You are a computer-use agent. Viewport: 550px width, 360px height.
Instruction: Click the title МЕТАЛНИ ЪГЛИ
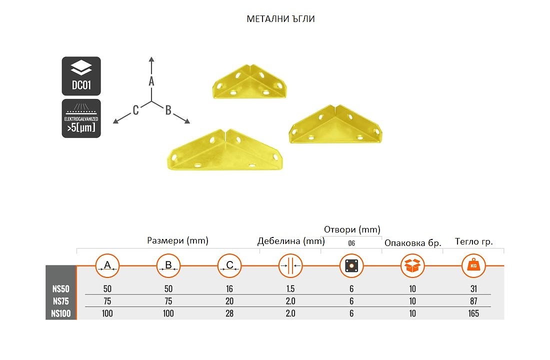[280, 19]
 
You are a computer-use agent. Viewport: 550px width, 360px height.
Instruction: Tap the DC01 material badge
[81, 76]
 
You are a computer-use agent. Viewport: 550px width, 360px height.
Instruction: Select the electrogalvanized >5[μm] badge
[81, 118]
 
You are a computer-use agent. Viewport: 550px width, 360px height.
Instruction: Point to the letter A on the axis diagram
[151, 81]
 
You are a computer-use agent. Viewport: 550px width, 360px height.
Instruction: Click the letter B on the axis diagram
[168, 110]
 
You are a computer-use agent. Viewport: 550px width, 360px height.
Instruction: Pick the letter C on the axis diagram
[135, 110]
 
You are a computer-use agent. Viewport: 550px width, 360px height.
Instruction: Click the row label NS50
[60, 289]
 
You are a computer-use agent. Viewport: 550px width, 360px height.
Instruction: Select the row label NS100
[60, 313]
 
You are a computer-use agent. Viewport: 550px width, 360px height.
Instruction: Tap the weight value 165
[473, 313]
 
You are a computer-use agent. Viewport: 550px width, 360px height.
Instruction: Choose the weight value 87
[473, 301]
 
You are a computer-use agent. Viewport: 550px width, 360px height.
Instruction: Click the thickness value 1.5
[290, 289]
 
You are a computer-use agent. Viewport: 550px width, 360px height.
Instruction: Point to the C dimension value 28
[229, 313]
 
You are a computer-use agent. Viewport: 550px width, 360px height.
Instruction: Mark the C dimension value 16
[229, 289]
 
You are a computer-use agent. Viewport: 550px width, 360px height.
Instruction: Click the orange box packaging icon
[412, 266]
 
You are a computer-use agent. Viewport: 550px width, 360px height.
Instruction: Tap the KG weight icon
[473, 266]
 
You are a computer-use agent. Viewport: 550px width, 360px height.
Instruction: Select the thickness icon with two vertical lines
[290, 266]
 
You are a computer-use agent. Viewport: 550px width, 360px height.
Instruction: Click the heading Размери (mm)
[177, 240]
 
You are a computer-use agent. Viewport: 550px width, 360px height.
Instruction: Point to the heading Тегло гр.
[473, 242]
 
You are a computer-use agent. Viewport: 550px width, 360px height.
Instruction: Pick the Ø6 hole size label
[351, 243]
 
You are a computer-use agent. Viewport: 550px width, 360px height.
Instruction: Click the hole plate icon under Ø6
[351, 266]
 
